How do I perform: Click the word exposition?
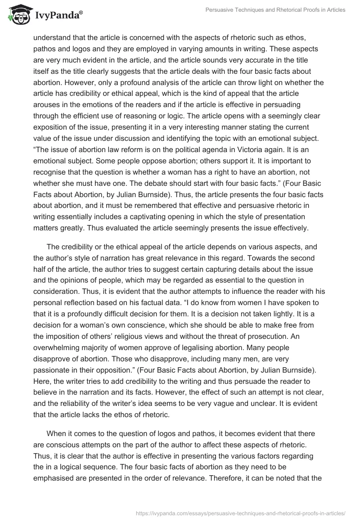(52, 126)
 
